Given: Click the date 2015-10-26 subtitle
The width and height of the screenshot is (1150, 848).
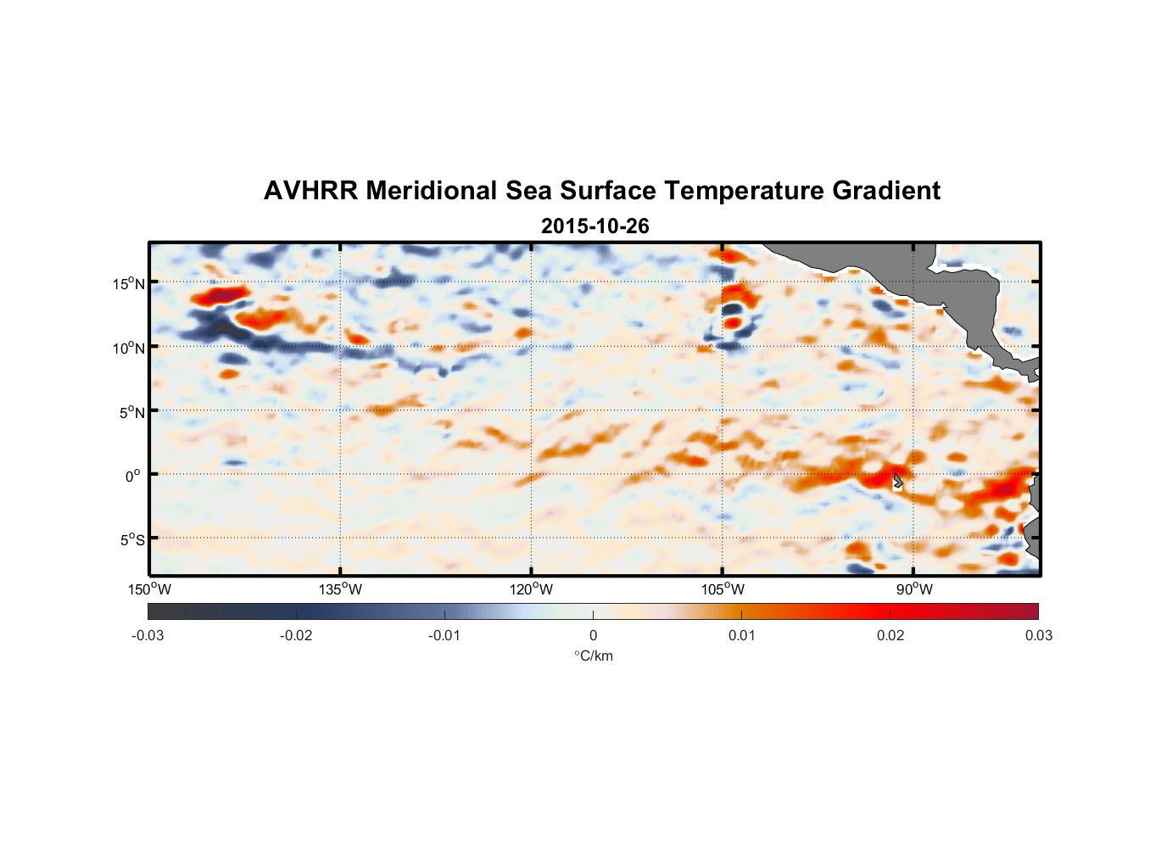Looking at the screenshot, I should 595,226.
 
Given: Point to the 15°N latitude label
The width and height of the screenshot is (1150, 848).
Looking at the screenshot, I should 129,284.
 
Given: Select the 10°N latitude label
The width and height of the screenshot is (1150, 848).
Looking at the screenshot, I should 129,348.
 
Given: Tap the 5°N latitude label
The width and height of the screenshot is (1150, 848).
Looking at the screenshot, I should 131,412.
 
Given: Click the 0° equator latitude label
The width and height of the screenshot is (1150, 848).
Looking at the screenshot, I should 133,476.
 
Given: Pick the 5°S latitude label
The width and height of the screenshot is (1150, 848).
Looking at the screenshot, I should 131,540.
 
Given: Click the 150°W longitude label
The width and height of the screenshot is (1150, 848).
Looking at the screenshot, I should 149,589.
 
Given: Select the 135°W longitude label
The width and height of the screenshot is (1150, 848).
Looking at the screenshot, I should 340,589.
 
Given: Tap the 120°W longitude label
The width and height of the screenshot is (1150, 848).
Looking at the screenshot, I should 531,589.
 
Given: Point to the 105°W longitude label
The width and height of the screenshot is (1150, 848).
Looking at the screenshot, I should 723,589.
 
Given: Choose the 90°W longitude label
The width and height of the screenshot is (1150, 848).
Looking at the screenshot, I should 914,589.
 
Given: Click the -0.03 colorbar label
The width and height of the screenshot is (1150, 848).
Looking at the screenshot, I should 148,636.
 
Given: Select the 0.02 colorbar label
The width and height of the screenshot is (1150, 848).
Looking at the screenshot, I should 890,636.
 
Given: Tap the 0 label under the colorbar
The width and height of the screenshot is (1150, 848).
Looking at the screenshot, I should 593,636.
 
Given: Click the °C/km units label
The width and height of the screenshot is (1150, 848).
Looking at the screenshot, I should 593,656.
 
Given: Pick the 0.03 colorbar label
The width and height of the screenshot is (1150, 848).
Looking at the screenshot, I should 1038,636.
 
